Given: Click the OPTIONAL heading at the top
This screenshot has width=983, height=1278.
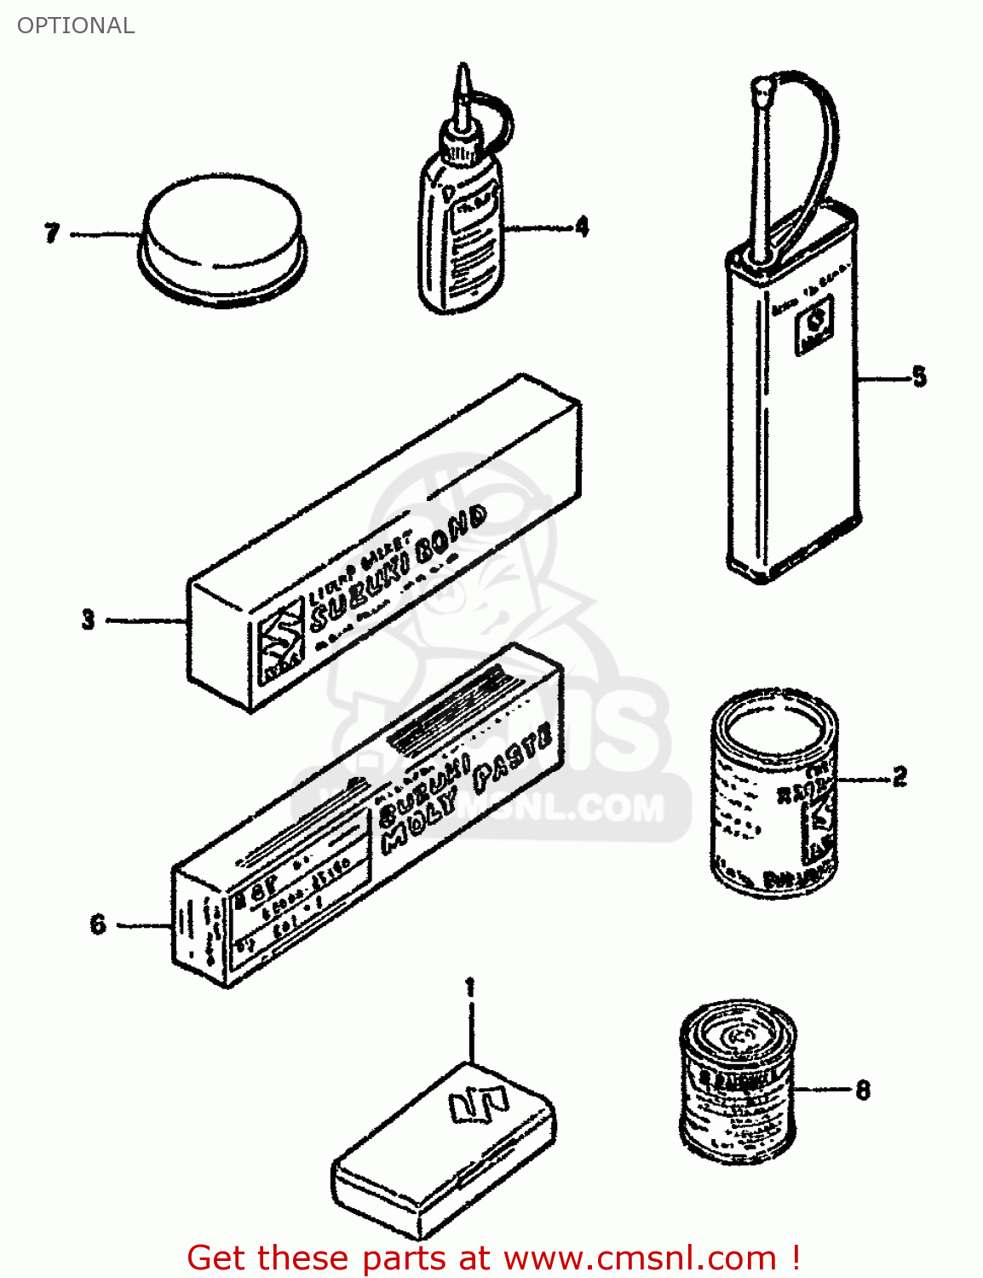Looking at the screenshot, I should click(x=76, y=26).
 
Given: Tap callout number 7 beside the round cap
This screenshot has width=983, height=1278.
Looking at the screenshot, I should click(x=52, y=233).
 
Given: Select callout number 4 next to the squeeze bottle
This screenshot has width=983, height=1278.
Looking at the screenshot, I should click(x=582, y=227).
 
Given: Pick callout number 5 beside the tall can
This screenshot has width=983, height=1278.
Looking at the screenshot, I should click(x=919, y=377).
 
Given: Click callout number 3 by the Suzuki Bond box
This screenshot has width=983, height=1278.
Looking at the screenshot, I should click(x=88, y=619).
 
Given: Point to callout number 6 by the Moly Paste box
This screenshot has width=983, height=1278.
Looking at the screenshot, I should click(x=98, y=924).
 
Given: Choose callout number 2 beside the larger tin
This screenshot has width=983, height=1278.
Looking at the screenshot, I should click(x=900, y=777).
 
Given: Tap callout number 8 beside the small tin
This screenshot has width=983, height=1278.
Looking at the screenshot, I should click(x=863, y=1090).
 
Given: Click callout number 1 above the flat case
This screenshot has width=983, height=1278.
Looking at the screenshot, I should click(x=469, y=988).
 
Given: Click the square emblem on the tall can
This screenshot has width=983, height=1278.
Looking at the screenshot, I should click(x=814, y=328).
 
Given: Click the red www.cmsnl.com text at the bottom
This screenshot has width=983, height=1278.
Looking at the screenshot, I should click(x=639, y=1258).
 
